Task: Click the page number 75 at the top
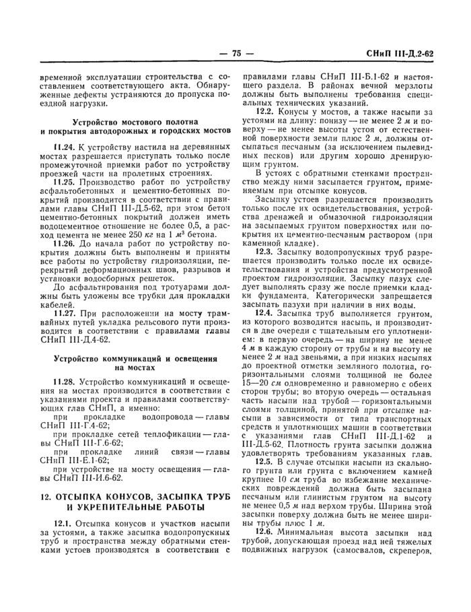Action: [x=235, y=53]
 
